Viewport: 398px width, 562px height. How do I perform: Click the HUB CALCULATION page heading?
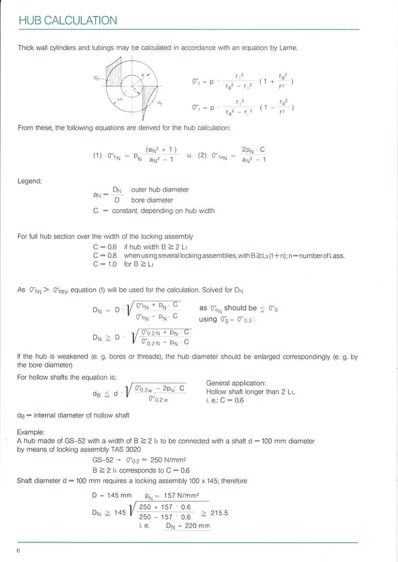[x=67, y=21]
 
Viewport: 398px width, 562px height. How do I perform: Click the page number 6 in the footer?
[x=19, y=551]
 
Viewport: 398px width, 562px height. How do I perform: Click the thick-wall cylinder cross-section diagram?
[x=131, y=86]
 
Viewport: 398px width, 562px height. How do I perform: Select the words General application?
[x=236, y=383]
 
